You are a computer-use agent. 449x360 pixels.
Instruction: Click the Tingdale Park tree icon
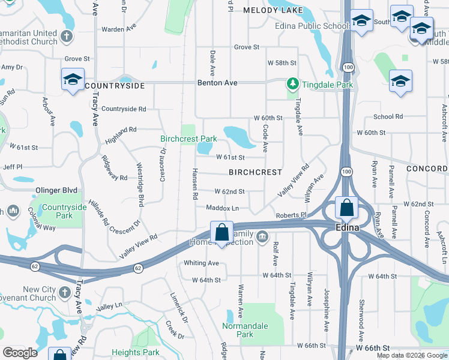tap(292, 83)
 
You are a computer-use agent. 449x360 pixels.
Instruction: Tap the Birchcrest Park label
tap(188, 139)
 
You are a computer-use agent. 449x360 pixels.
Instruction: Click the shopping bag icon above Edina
tap(347, 208)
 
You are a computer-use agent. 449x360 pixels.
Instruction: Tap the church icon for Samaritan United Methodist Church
tap(67, 35)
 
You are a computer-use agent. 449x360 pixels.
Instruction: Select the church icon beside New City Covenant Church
tap(65, 294)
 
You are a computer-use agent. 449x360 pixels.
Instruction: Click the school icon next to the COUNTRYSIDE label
tap(73, 79)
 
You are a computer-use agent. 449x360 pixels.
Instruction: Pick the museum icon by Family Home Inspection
tap(262, 237)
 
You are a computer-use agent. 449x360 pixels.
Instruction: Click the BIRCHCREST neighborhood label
tap(255, 172)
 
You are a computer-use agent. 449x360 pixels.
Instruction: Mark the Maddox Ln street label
tap(223, 208)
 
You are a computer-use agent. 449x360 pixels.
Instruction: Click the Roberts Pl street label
tap(291, 215)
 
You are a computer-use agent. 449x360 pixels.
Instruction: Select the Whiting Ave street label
tap(201, 263)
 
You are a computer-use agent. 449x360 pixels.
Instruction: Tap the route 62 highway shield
tap(139, 267)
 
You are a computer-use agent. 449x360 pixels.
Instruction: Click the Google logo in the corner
tap(20, 353)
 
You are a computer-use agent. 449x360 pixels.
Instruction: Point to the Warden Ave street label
tap(118, 29)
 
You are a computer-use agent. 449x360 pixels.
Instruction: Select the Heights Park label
tap(136, 353)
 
